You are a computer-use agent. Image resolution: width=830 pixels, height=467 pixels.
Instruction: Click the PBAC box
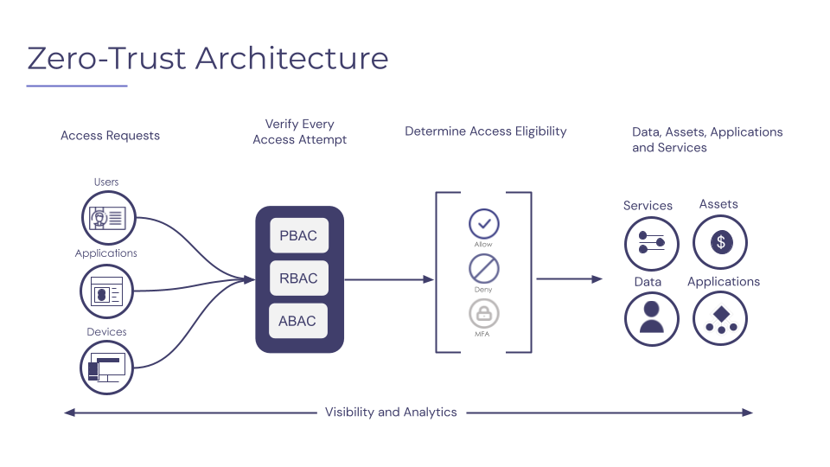tap(299, 236)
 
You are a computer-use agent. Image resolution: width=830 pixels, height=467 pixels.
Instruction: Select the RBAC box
tap(299, 278)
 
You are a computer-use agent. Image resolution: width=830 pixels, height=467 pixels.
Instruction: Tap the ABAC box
tap(298, 321)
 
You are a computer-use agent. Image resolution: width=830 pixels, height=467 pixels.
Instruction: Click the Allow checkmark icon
tap(484, 224)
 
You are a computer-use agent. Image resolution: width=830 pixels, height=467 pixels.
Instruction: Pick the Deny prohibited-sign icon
tap(484, 269)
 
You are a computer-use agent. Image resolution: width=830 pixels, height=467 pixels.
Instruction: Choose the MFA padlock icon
tap(484, 313)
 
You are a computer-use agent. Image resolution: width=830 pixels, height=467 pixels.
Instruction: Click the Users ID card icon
tap(109, 217)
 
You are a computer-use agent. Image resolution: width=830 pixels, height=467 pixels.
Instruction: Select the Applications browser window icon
tap(108, 291)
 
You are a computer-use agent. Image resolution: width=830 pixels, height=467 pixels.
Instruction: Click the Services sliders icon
tap(651, 243)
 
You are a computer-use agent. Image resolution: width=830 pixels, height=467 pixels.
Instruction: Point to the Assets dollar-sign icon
tap(720, 242)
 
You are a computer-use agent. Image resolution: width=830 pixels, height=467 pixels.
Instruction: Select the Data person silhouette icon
tap(651, 317)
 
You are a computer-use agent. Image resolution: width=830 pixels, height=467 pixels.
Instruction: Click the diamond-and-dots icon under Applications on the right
tap(720, 318)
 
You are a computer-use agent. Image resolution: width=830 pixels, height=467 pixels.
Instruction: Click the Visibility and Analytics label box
tap(391, 412)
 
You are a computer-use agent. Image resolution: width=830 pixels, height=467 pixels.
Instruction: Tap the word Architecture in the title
tap(291, 58)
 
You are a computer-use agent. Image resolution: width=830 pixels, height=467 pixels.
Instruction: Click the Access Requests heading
tap(110, 136)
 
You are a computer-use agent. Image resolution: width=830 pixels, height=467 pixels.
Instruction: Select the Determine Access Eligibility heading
tap(486, 131)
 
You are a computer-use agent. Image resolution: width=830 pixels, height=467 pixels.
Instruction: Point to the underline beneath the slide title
tap(77, 86)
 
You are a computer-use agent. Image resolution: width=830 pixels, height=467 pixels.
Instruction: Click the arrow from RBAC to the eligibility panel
tap(389, 279)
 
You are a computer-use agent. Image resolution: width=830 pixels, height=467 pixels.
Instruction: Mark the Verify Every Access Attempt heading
tap(299, 132)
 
